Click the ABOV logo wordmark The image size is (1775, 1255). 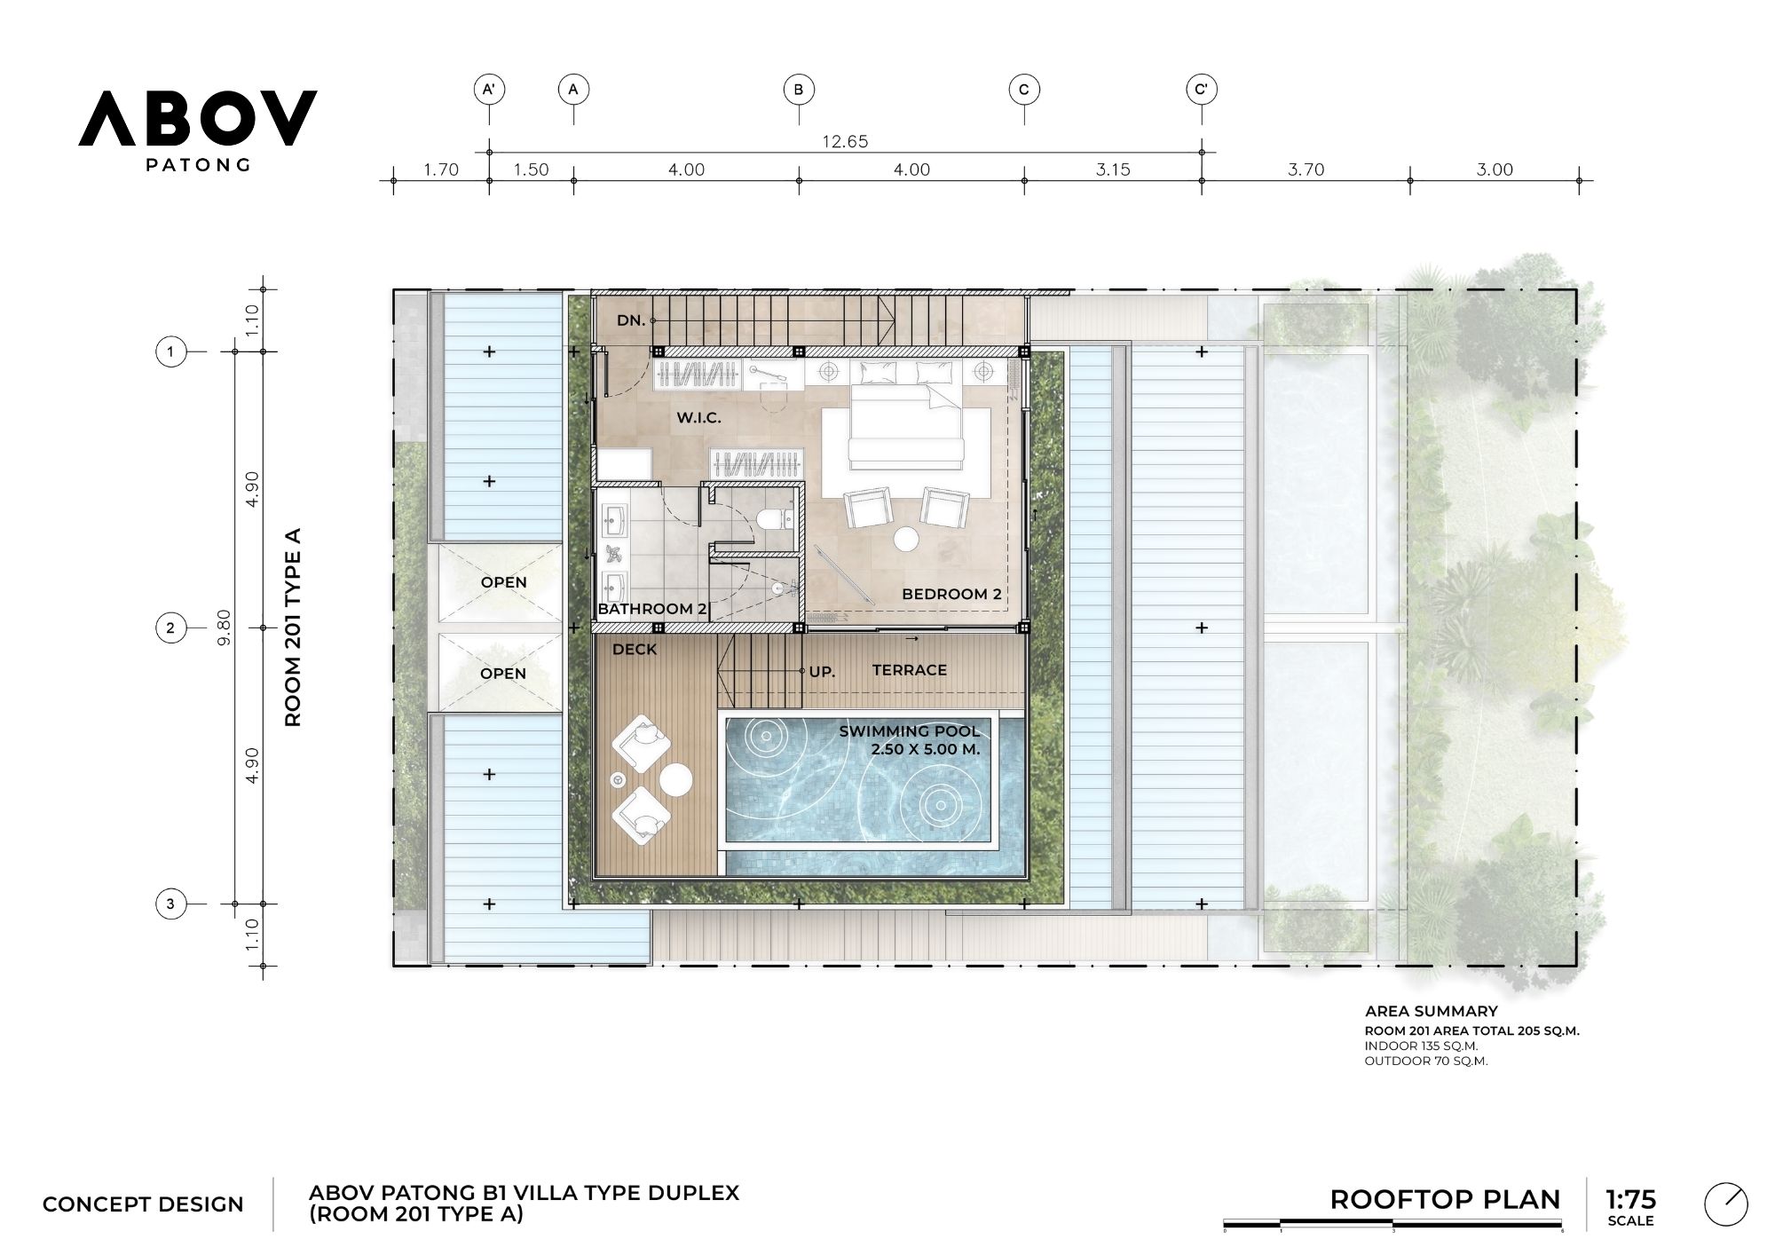[x=197, y=118]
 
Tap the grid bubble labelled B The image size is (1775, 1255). [x=799, y=90]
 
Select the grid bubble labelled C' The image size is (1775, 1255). [x=1202, y=90]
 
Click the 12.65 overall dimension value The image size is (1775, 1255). [x=845, y=141]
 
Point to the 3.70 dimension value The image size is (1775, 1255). [x=1306, y=170]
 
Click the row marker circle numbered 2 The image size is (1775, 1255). [x=170, y=628]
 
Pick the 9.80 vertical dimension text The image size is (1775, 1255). [x=224, y=627]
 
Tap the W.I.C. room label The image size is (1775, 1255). [x=698, y=417]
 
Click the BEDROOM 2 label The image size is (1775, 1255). [x=951, y=594]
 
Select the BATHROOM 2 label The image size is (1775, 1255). [x=652, y=609]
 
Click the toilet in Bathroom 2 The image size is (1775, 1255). [x=776, y=517]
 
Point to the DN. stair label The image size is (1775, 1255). [x=631, y=320]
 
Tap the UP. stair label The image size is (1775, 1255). [x=822, y=672]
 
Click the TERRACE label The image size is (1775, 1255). [x=909, y=670]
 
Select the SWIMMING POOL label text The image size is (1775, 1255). [x=910, y=731]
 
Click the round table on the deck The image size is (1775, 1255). [x=675, y=779]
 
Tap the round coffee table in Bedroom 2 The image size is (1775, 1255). [x=907, y=539]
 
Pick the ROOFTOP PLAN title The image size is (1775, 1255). [x=1445, y=1200]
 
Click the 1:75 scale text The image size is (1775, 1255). [x=1630, y=1199]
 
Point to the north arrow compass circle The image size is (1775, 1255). [x=1726, y=1206]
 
